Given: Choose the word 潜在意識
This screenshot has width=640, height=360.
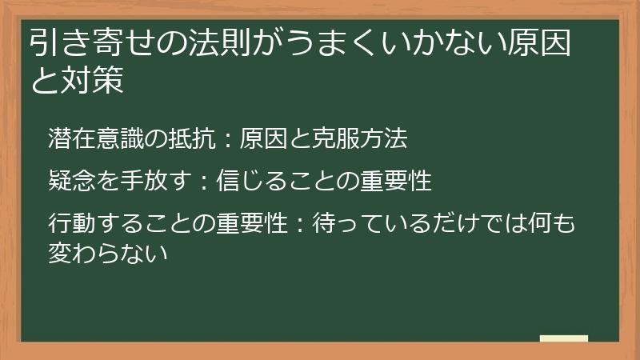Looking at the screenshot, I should click(94, 138).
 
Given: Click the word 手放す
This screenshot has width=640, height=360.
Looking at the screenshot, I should click(150, 181).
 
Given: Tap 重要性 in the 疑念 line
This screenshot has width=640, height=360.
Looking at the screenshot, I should click(396, 181).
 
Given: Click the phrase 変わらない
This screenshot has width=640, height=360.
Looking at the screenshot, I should click(106, 254).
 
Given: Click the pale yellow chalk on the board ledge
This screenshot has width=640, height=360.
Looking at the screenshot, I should click(563, 338).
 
